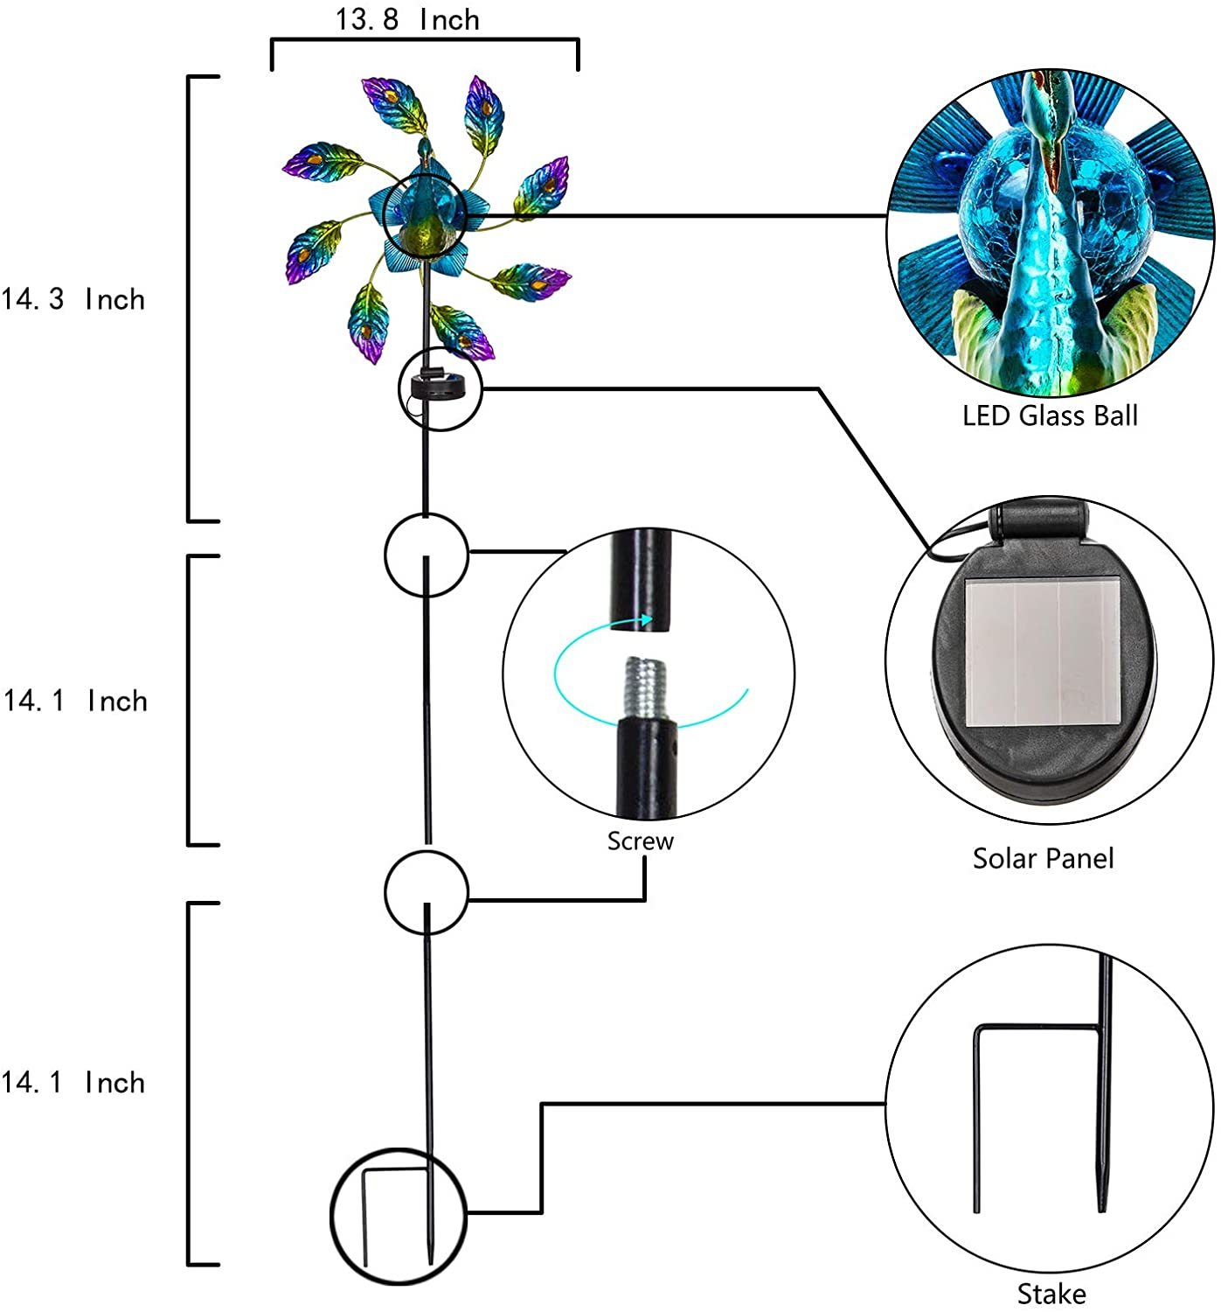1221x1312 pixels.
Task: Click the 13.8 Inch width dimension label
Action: [x=406, y=20]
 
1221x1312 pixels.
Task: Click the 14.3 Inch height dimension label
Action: [x=73, y=299]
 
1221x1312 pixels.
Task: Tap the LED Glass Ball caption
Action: [x=1050, y=415]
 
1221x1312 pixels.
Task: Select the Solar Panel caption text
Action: [x=1043, y=858]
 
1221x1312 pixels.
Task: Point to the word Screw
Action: [x=640, y=841]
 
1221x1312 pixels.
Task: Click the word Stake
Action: [x=1051, y=1294]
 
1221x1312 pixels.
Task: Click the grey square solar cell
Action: [x=1043, y=652]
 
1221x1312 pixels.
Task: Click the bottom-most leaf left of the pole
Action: [x=368, y=323]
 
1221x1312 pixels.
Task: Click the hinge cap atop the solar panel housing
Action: [x=1043, y=522]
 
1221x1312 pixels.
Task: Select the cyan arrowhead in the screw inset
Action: [x=644, y=619]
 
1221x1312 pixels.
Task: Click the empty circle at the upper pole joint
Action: [x=426, y=555]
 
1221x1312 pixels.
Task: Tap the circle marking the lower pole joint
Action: [x=426, y=892]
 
